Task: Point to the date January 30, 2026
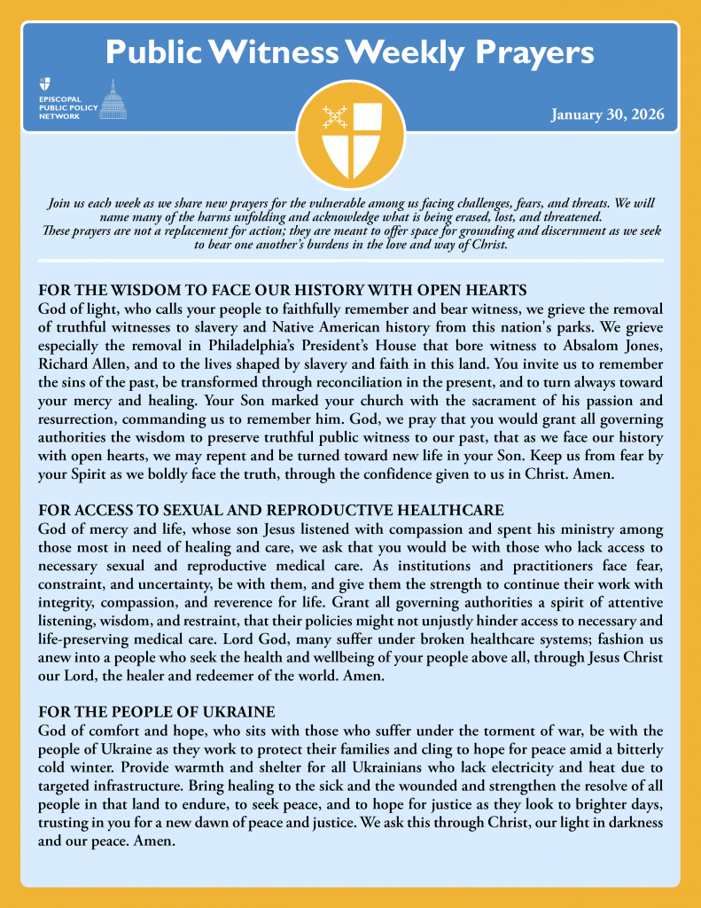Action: [x=607, y=115]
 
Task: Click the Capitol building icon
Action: [x=113, y=100]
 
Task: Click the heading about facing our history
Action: [x=283, y=291]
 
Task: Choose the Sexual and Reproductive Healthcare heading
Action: [x=271, y=510]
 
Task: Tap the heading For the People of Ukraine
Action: [x=157, y=712]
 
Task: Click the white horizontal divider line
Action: [x=350, y=261]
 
